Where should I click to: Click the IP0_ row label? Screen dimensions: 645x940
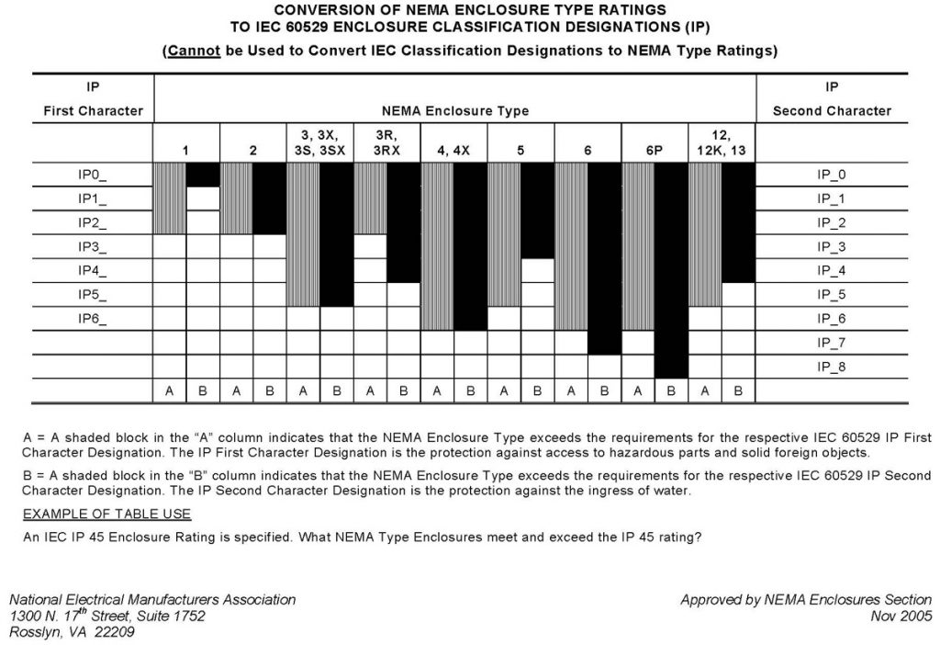pos(93,175)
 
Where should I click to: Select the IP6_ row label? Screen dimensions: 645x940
pos(93,319)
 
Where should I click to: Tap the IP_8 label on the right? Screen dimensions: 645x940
pos(832,367)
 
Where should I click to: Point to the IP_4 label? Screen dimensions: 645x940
pos(832,271)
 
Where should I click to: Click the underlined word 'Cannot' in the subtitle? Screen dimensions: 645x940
pos(193,51)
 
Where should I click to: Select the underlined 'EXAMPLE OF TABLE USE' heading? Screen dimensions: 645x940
pos(106,513)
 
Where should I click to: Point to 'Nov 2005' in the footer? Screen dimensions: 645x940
pos(901,616)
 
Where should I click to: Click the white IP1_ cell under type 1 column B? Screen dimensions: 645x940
pos(203,198)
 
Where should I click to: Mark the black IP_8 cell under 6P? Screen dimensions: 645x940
pos(671,367)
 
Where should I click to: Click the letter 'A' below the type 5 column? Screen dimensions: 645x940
pos(504,390)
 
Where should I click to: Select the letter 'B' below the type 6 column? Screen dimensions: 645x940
pos(604,390)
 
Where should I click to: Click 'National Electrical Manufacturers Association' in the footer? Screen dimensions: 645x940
pos(152,600)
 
